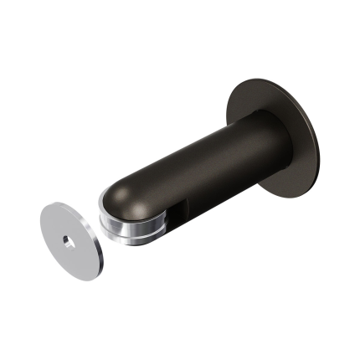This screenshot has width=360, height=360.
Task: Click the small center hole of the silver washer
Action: point(66,241)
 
